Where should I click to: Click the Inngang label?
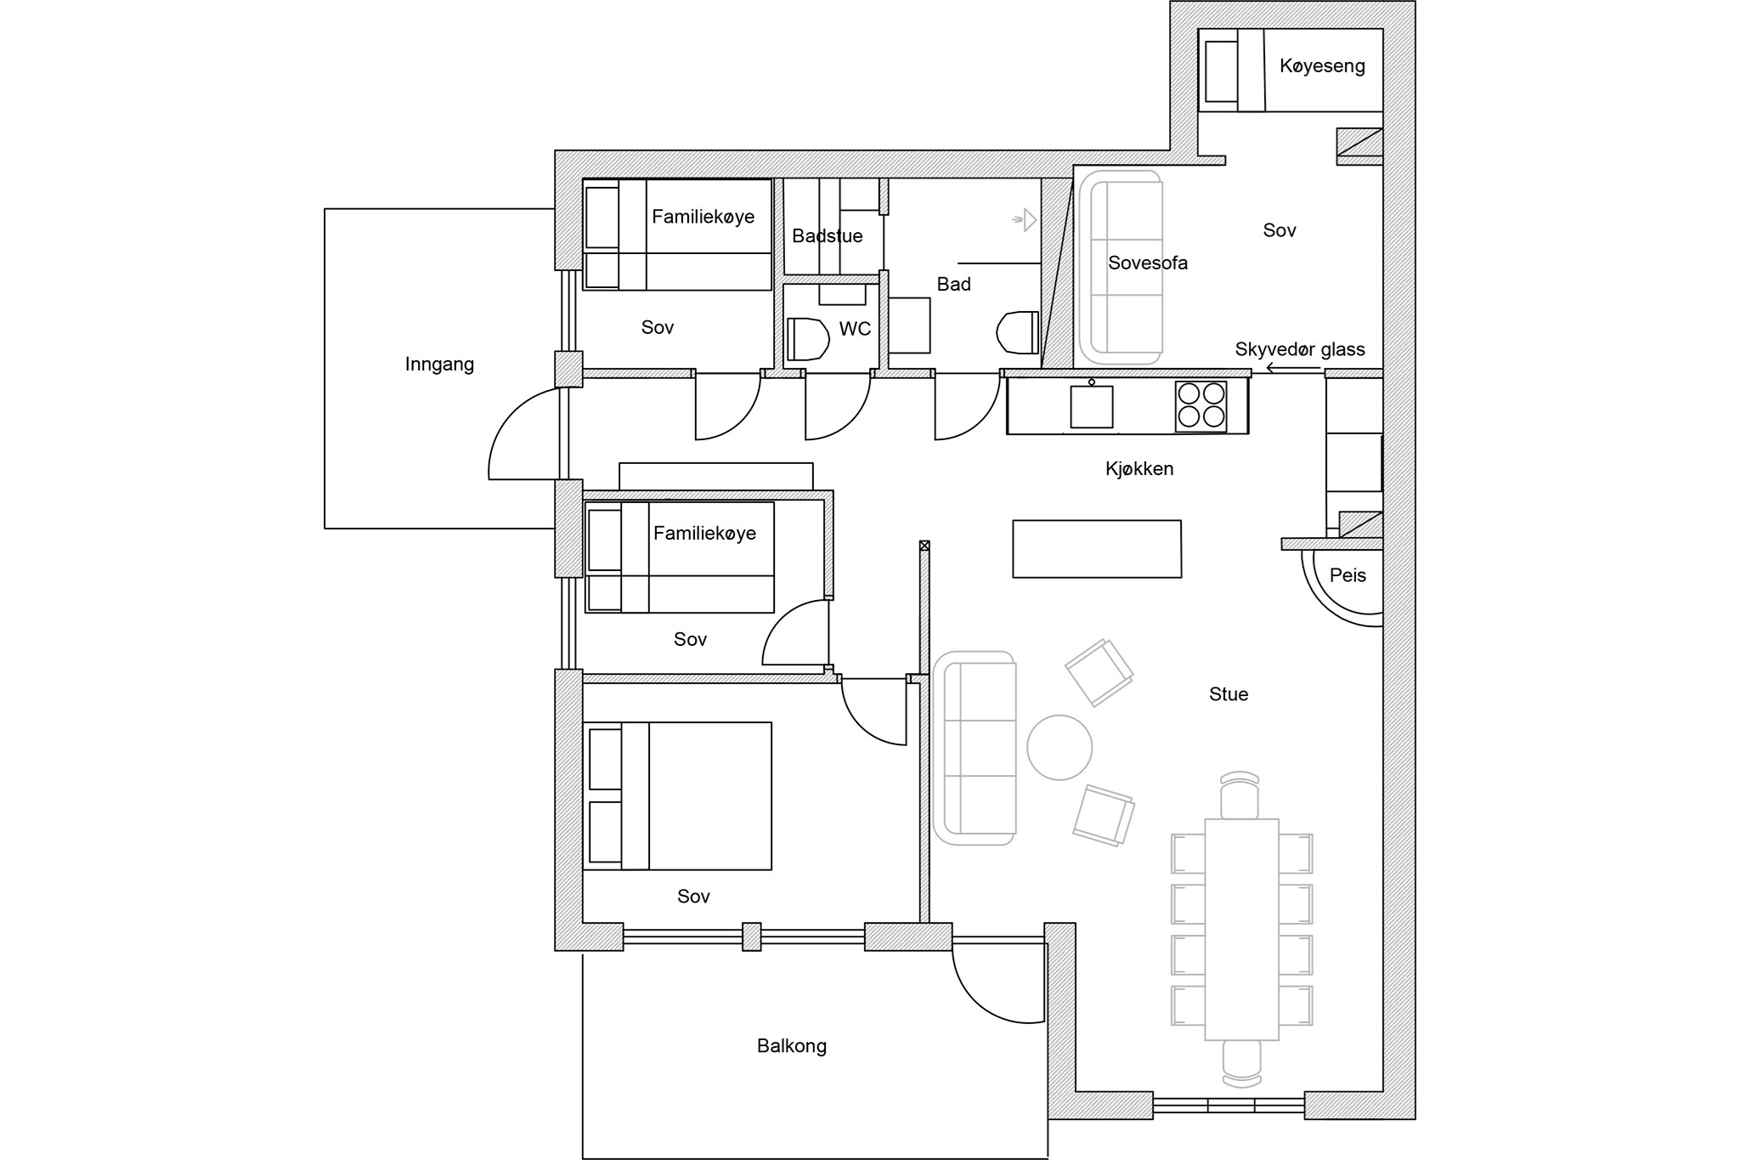coord(439,365)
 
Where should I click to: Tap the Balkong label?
coord(792,1046)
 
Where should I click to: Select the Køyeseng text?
coord(1322,66)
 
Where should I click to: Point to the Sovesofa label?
coord(1148,263)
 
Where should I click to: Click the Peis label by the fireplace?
coord(1347,575)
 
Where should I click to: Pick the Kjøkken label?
coord(1139,469)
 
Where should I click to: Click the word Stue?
coord(1229,694)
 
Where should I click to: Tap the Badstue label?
coord(828,236)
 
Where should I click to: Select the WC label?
coord(855,329)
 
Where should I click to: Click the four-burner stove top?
coord(1201,406)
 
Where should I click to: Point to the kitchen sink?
coord(1092,406)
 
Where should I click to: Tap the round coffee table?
coord(1059,748)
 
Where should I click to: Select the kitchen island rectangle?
coord(1097,549)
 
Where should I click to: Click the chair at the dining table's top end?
coord(1240,795)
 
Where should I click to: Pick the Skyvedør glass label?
coord(1300,349)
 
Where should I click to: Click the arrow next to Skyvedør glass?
coord(1293,368)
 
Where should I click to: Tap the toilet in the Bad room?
coord(1018,332)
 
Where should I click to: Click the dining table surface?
coord(1241,930)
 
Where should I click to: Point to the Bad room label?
coord(953,285)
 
